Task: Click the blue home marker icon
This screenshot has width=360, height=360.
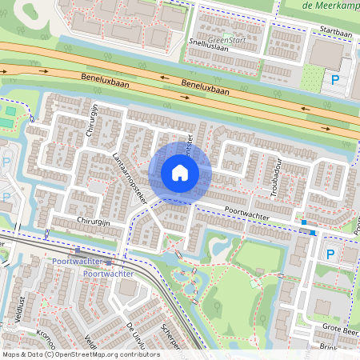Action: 180,173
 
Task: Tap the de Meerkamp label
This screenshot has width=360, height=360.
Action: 331,6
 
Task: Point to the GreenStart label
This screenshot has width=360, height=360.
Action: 229,38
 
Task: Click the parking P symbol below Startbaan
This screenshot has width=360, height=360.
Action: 334,79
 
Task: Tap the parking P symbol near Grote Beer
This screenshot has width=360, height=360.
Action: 330,254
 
